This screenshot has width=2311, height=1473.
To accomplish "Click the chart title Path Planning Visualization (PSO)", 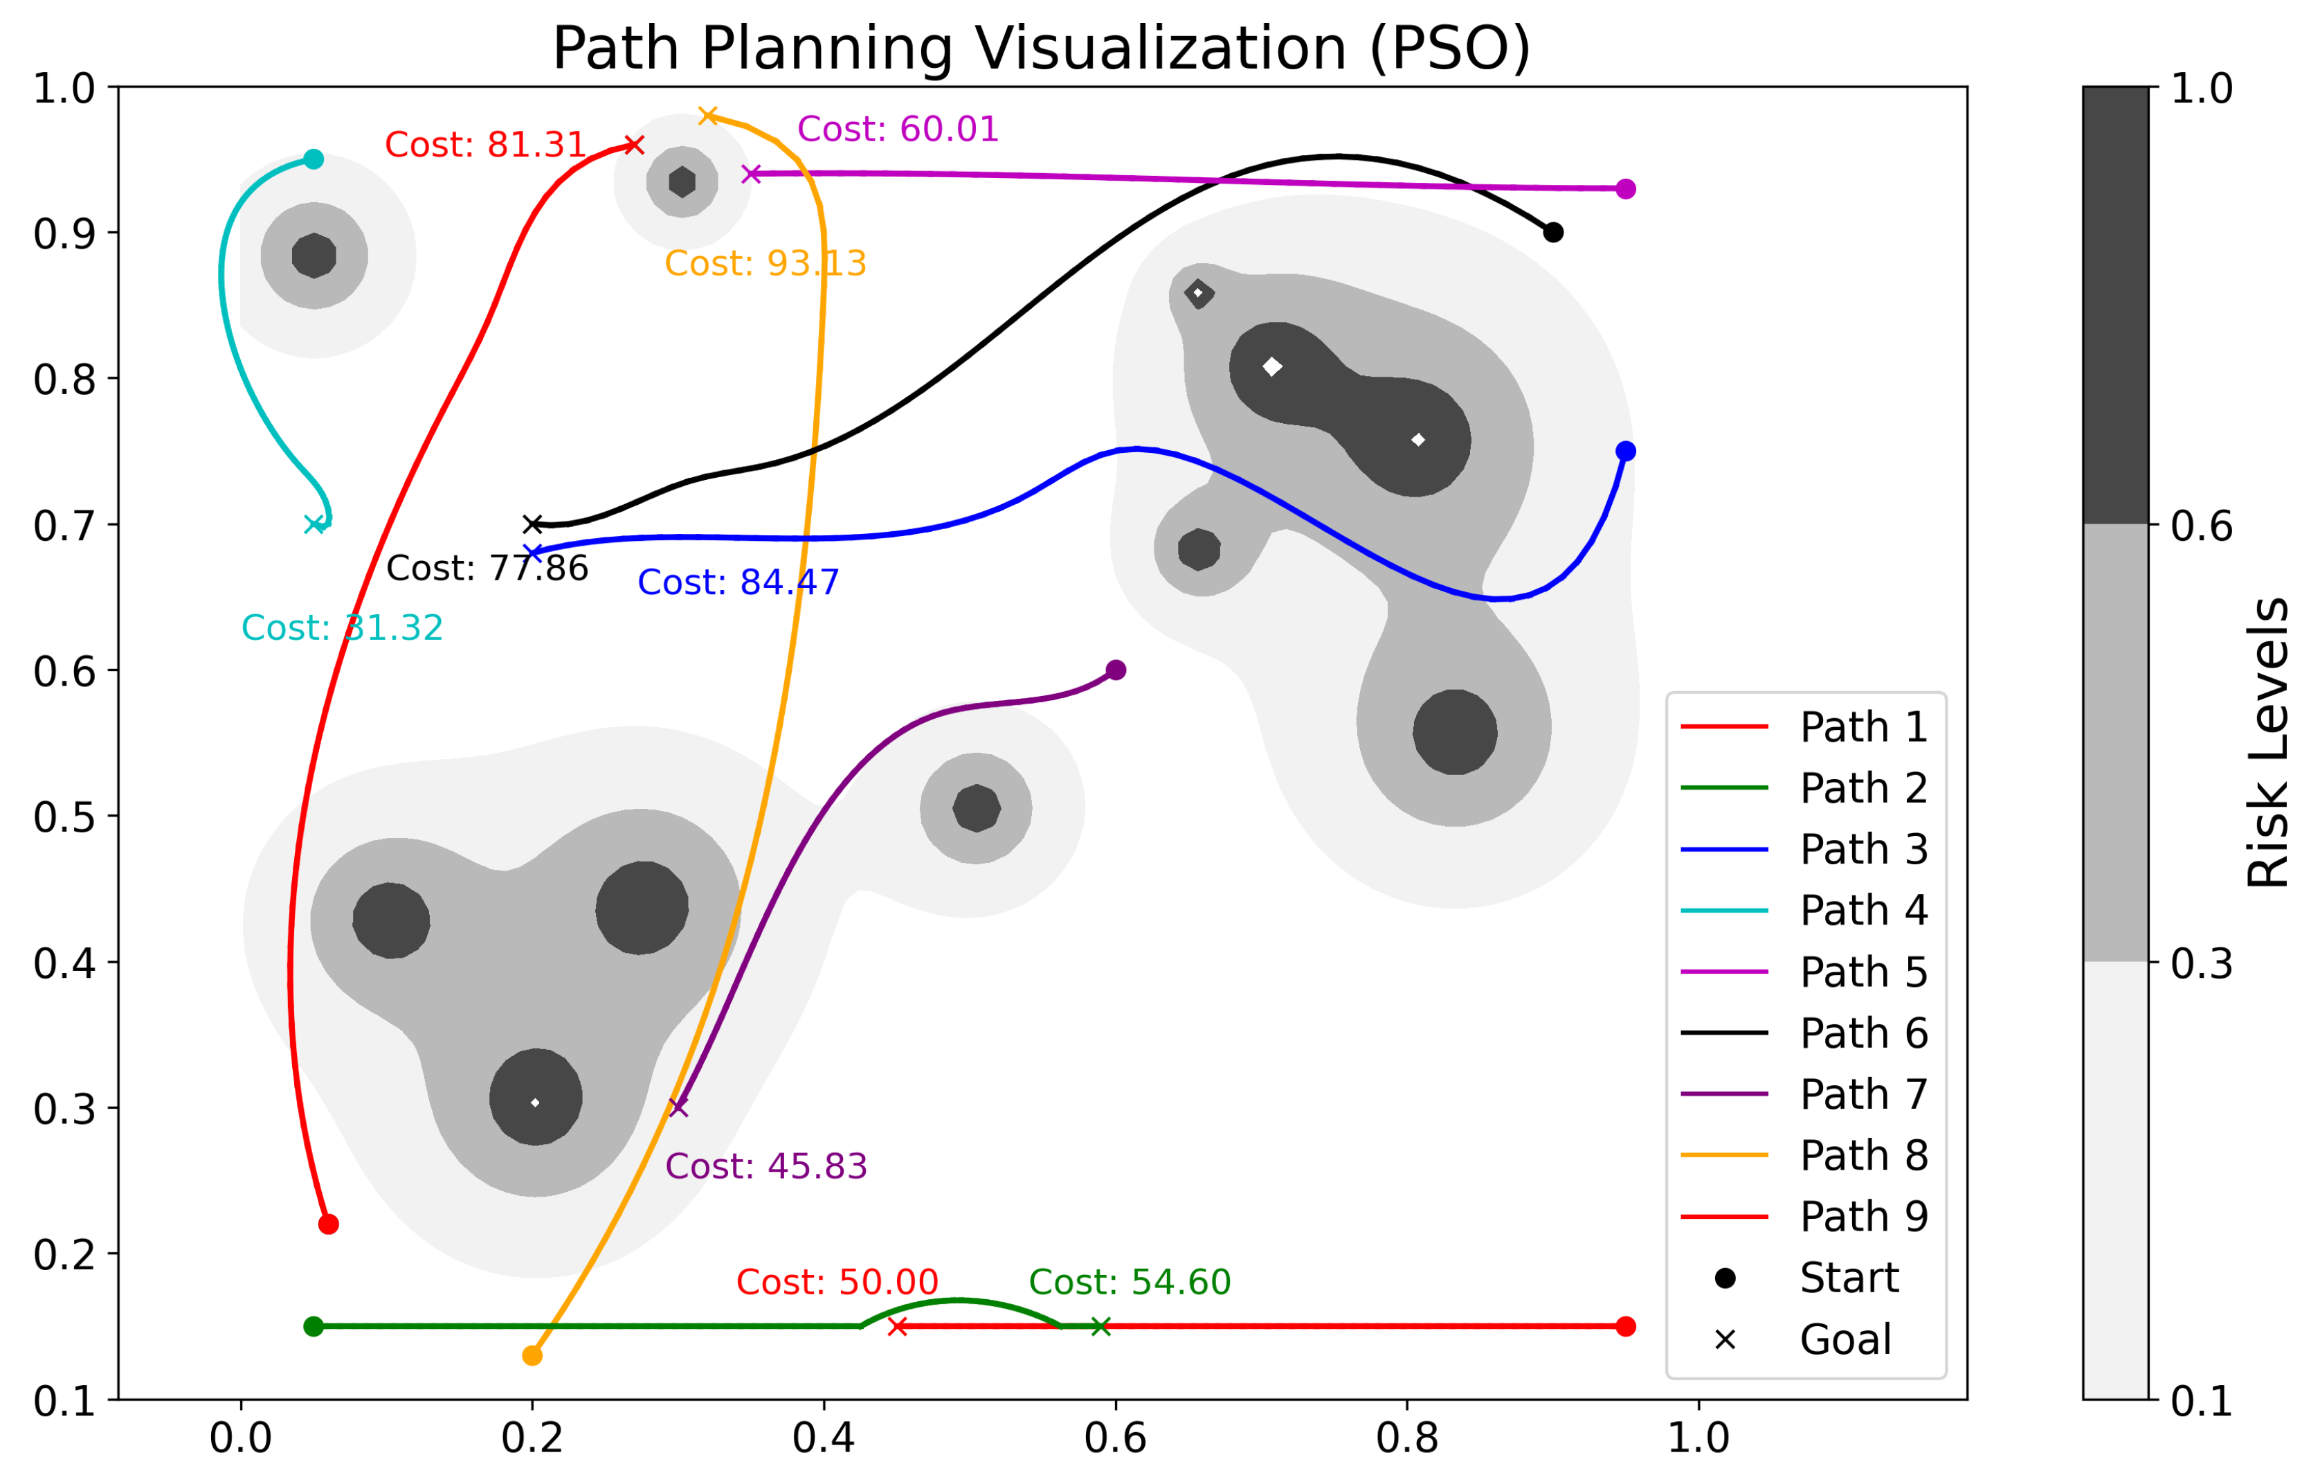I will (x=1041, y=48).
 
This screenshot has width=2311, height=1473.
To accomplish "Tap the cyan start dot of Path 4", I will (x=314, y=159).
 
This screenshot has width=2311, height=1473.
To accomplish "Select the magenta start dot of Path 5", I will (x=1625, y=189).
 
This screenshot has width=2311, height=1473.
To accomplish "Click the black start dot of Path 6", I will (x=1553, y=233).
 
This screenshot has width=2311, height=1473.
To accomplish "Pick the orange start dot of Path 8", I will (x=533, y=1356).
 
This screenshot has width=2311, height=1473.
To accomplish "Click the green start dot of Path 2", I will (x=314, y=1326).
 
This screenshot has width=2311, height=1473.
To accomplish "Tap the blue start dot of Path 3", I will (x=1625, y=452).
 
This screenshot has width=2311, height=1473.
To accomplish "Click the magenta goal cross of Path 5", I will (x=752, y=174).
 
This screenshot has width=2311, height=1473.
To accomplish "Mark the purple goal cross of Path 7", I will (x=678, y=1107).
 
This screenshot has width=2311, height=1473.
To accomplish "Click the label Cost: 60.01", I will (x=898, y=129).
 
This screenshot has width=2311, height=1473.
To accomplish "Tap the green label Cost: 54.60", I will (x=1130, y=1282).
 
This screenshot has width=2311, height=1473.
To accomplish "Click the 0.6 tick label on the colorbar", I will (x=2202, y=525).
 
